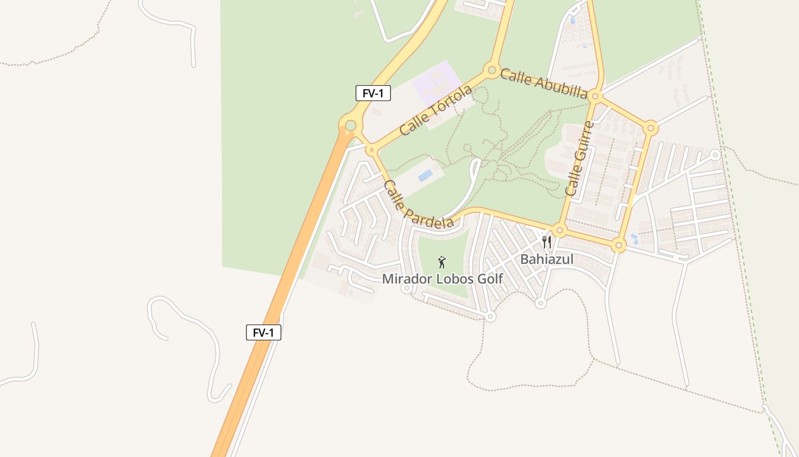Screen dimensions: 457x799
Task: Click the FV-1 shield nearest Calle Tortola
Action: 373,93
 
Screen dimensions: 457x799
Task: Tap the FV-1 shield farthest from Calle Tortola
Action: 263,332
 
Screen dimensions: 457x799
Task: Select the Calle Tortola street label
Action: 436,110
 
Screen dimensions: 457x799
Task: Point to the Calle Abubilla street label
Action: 544,83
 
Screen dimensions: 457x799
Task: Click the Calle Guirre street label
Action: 580,158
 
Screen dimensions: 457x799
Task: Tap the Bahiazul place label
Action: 547,259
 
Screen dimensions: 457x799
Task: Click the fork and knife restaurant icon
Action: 547,242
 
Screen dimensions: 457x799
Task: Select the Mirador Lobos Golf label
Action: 442,279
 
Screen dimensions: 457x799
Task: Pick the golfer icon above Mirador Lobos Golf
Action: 441,262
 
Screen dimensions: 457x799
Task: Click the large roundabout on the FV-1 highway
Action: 350,125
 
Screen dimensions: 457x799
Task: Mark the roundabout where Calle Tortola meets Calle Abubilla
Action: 491,71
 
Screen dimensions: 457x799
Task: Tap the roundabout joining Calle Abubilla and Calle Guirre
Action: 595,97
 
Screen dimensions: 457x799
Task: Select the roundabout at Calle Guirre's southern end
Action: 559,231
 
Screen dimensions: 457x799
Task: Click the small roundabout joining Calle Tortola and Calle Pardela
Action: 372,150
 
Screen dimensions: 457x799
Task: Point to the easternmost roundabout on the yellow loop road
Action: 650,128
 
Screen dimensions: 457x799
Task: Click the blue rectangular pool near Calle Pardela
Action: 425,175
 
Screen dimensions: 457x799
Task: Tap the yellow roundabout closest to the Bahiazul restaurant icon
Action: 559,231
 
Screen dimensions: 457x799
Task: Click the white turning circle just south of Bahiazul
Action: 540,303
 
